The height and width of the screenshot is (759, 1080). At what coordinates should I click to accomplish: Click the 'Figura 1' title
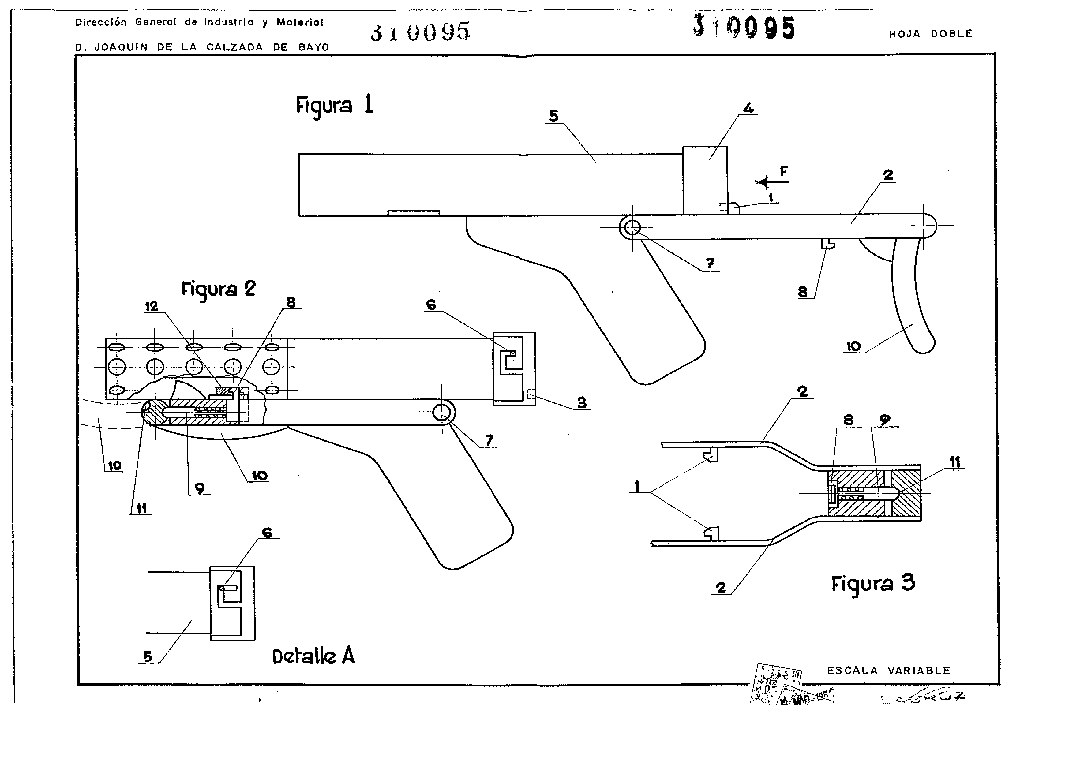334,105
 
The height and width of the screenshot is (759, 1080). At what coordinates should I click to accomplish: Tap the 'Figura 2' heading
218,289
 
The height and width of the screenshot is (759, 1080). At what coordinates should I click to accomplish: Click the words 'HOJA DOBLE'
930,34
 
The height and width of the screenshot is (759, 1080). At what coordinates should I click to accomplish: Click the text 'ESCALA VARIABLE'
889,671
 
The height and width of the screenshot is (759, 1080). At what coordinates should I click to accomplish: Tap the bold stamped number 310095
744,27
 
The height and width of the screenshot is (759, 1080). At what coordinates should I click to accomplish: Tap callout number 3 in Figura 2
582,402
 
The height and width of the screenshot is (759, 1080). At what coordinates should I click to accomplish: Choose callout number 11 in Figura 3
954,462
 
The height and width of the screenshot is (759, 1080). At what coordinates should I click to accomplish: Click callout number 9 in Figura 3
885,420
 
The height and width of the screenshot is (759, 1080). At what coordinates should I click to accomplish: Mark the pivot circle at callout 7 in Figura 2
442,413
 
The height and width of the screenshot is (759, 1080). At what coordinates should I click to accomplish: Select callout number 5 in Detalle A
148,656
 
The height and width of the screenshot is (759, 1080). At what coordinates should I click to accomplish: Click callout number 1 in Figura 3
637,486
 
